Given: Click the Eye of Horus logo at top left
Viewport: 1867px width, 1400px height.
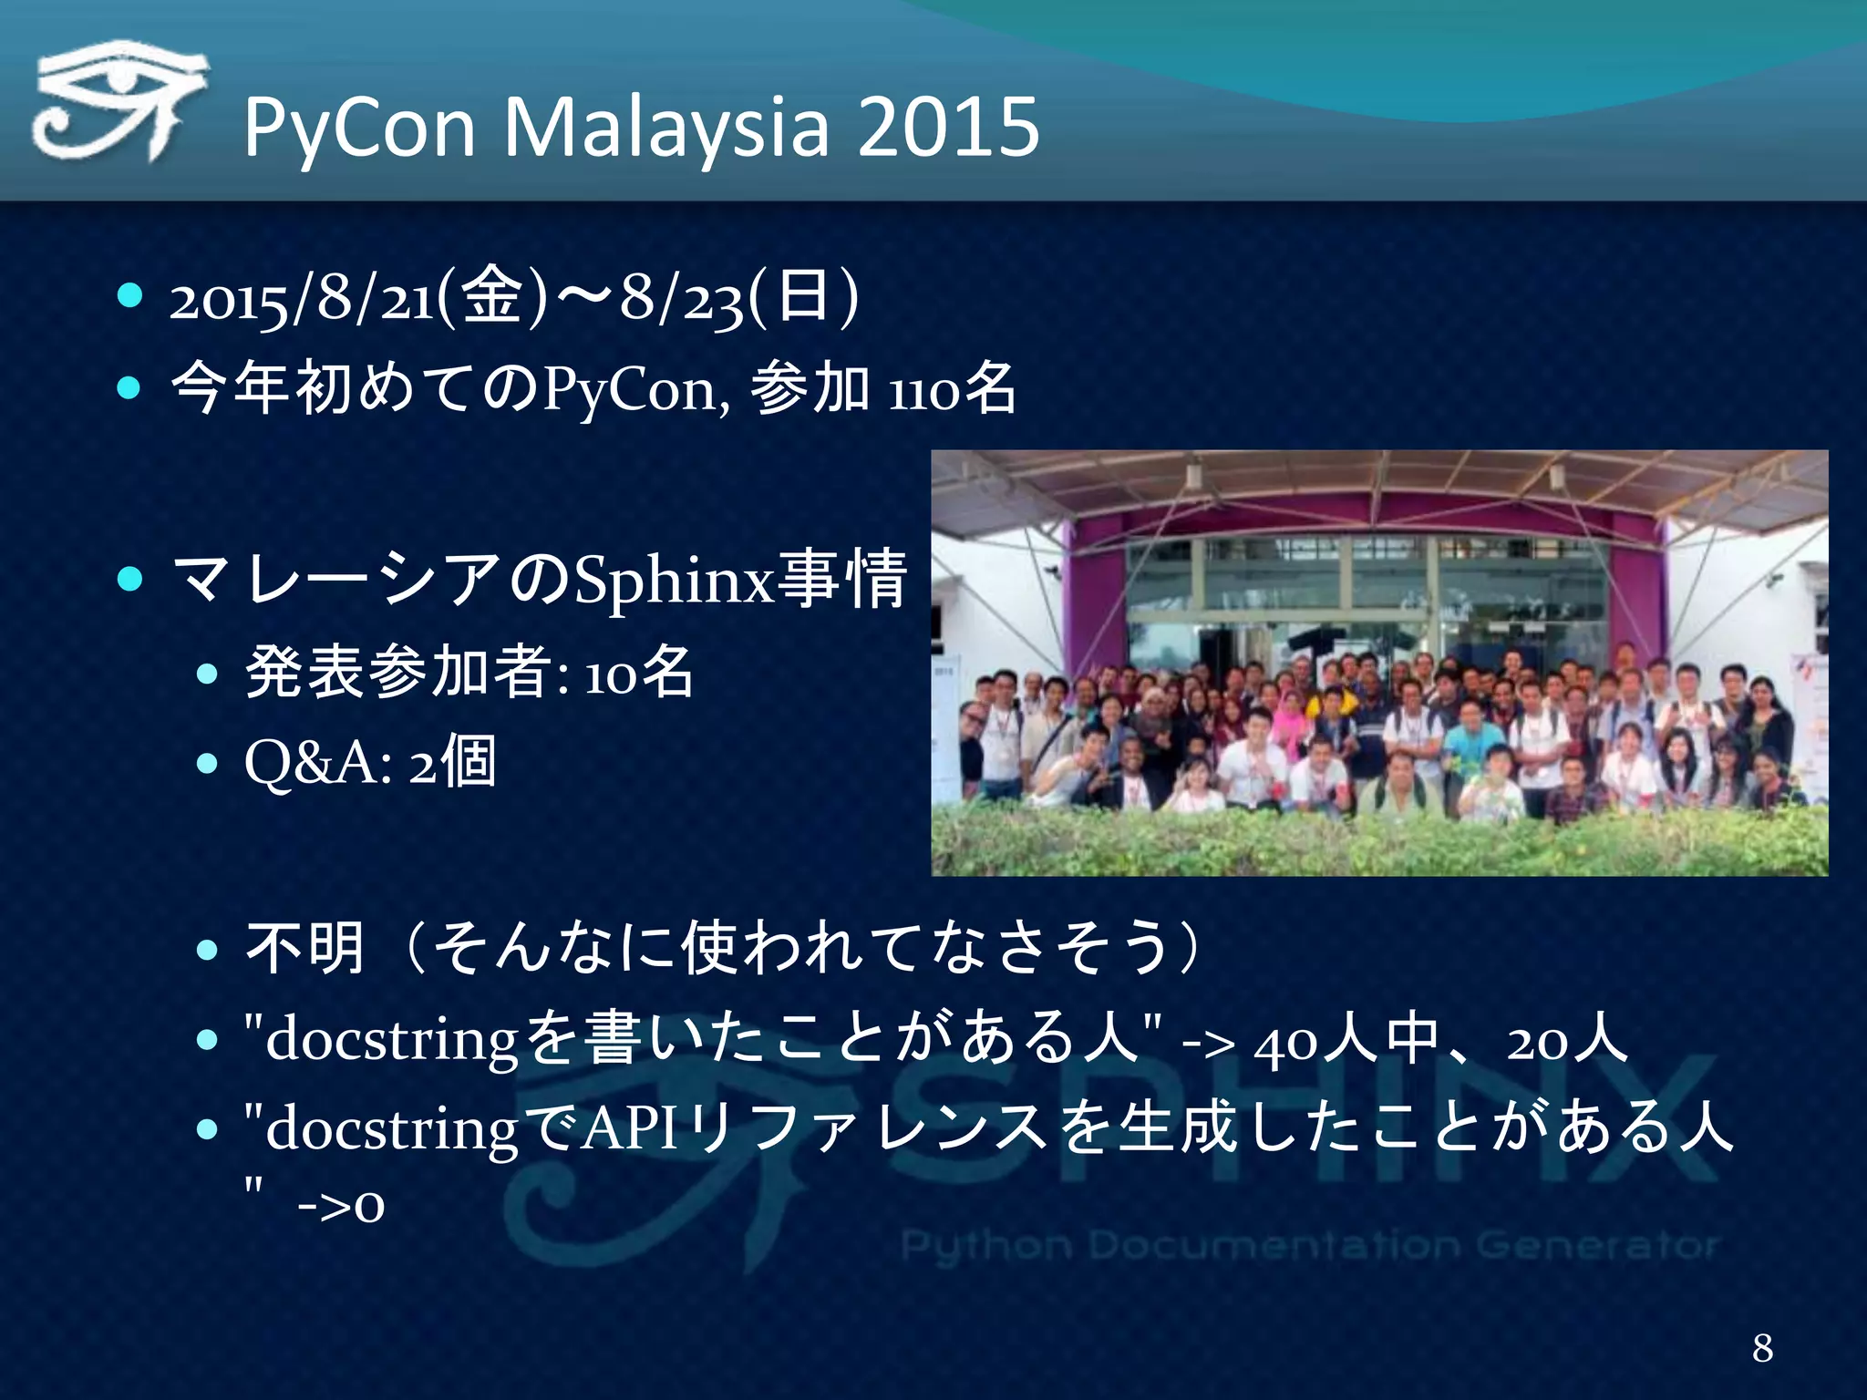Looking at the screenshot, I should pos(119,102).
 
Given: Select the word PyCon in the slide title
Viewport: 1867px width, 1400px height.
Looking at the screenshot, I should pos(359,128).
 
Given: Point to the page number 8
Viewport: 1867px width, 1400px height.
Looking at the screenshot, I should pos(1762,1347).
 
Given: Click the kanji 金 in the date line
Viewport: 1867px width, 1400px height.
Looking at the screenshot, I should pos(492,297).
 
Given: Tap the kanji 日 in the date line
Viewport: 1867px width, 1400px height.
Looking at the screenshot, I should pos(802,297).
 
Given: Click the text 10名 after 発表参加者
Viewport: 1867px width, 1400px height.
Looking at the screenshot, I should pos(638,674).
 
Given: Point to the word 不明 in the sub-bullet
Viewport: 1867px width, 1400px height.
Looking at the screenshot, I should pos(305,948).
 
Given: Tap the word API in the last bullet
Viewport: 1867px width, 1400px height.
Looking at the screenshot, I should pos(629,1128).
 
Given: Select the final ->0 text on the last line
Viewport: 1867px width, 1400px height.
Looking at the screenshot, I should pos(341,1205).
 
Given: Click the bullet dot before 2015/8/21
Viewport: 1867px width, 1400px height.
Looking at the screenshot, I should pos(130,295).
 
